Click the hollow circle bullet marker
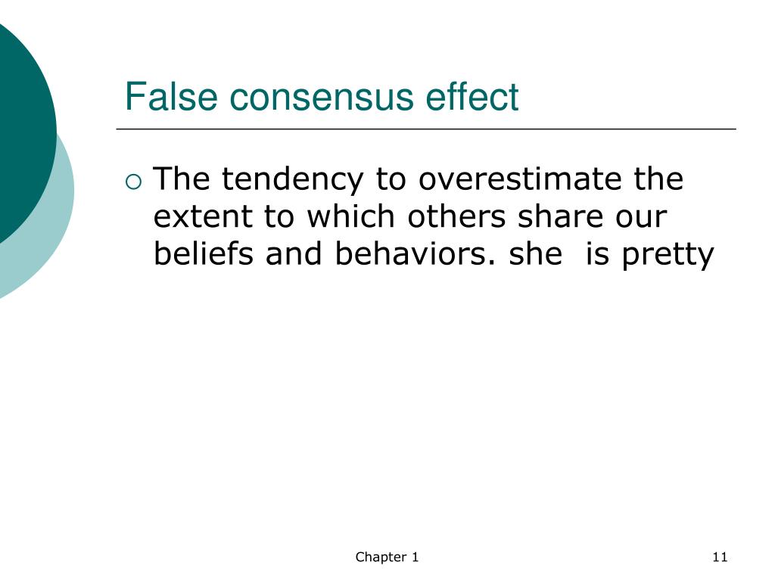133,181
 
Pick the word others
458,217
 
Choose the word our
642,217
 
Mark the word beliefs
204,254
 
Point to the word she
535,254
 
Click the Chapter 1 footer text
387,558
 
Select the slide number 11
719,558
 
